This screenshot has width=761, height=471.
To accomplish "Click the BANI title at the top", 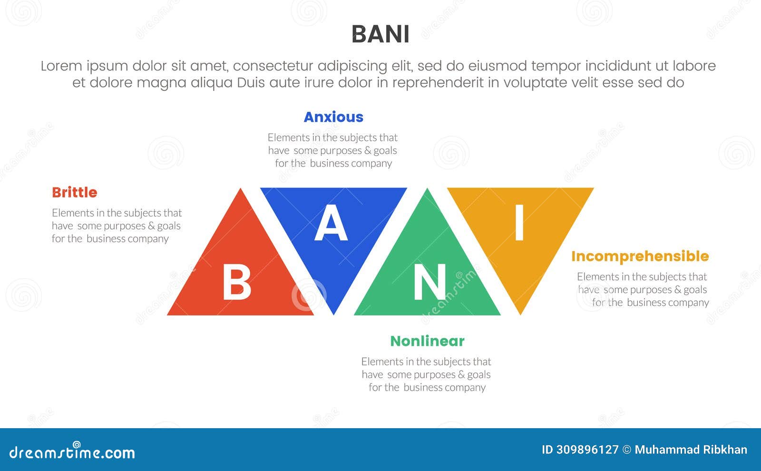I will click(380, 34).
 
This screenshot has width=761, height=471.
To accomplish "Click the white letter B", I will click(236, 283).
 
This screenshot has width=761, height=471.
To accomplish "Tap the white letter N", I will click(429, 283).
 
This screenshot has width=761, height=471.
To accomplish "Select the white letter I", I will click(519, 222).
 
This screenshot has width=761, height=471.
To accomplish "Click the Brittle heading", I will click(75, 193).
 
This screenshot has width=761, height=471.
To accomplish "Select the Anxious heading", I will click(333, 117).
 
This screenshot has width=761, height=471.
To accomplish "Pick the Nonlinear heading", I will click(427, 341).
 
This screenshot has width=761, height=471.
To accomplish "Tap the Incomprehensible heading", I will click(640, 256).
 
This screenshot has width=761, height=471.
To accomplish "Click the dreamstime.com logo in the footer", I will click(72, 452).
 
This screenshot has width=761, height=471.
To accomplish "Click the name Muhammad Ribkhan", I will click(691, 450).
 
